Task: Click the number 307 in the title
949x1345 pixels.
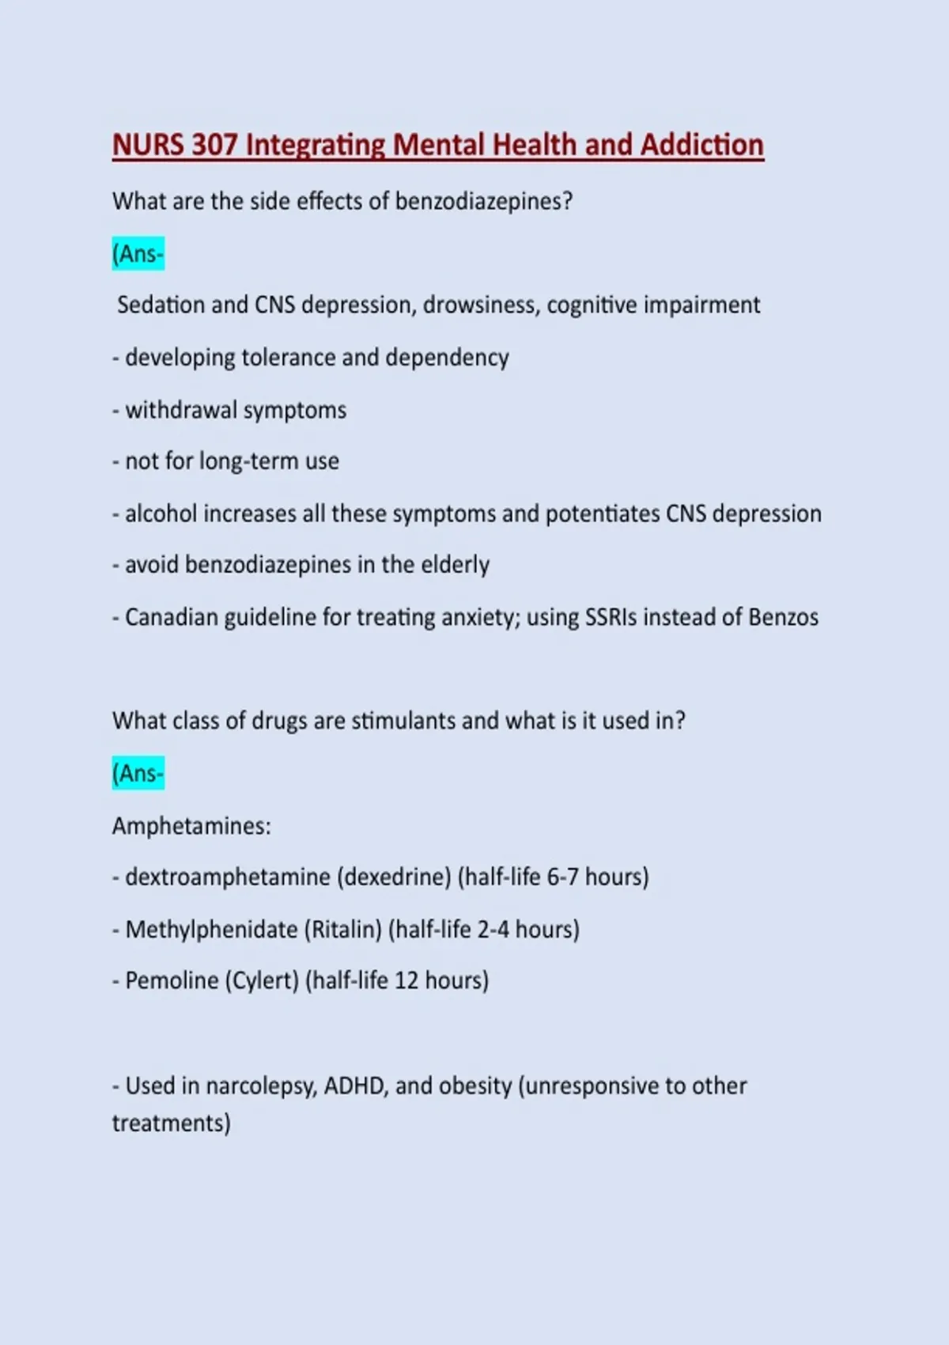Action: [x=214, y=145]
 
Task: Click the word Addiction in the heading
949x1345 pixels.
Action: [x=702, y=145]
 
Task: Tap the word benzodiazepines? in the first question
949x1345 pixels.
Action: [x=483, y=201]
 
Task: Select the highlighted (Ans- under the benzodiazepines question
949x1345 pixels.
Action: [x=138, y=254]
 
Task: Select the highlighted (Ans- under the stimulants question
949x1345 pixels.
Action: [x=138, y=773]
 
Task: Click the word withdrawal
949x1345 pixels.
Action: [x=181, y=410]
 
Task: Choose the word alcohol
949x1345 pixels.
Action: [x=161, y=513]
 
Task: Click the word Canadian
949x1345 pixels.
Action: [x=171, y=617]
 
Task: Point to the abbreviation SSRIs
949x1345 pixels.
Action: [x=611, y=617]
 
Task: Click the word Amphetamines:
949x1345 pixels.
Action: [x=191, y=826]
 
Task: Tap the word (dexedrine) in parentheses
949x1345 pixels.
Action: [x=394, y=877]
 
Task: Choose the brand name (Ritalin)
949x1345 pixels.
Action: [x=343, y=929]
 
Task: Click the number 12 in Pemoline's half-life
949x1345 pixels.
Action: [x=406, y=980]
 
